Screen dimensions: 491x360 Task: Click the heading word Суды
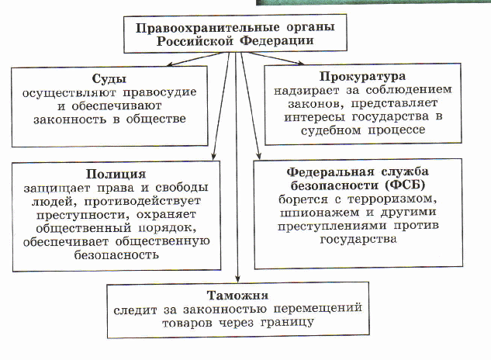click(x=109, y=79)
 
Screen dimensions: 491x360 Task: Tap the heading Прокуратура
click(x=362, y=77)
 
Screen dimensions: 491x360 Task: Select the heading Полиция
click(x=116, y=174)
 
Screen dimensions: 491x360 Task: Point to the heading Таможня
click(x=237, y=296)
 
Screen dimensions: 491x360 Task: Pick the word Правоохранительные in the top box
click(x=207, y=28)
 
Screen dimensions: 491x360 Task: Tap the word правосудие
click(x=160, y=93)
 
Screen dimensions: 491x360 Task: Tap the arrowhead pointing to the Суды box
click(x=170, y=64)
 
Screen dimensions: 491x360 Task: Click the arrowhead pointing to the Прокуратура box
click(x=300, y=63)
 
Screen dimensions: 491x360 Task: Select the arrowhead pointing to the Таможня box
click(x=237, y=279)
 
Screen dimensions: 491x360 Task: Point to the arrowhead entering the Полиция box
click(x=213, y=156)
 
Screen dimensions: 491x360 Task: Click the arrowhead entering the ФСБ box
click(x=258, y=156)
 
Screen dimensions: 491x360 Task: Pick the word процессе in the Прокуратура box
click(x=396, y=130)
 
